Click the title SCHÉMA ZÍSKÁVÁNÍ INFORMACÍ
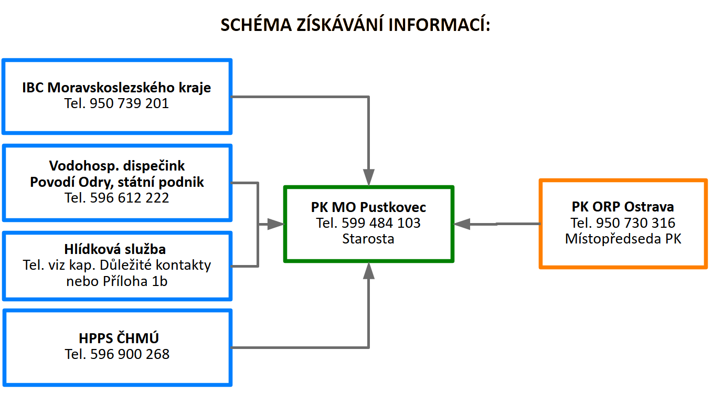pos(355,25)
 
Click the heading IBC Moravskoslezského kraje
pos(116,87)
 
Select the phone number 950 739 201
pos(129,104)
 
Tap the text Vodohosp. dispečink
pos(116,166)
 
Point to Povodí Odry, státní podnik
pos(116,182)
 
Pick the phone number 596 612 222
pos(130,198)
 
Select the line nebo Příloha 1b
pos(116,281)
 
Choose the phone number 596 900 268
pos(130,354)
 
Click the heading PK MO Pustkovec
pos(368,207)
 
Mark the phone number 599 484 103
pos(381,223)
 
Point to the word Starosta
pos(368,239)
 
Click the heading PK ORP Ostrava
pos(623,207)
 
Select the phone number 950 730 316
pos(636,223)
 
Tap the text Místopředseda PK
pos(623,239)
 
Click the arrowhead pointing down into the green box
pos(369,177)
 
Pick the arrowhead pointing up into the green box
pos(369,271)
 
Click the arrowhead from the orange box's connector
pos(462,224)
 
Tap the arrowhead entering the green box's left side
pos(275,224)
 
